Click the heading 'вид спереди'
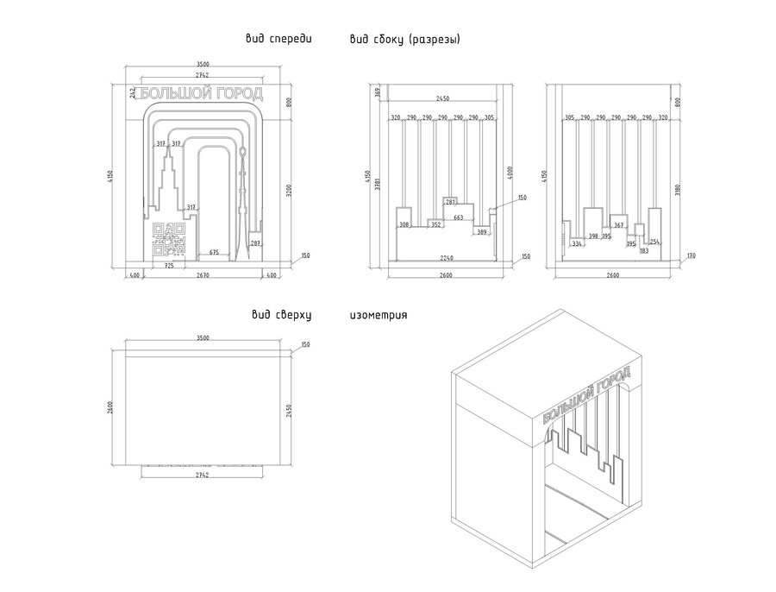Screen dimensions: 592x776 coord(278,39)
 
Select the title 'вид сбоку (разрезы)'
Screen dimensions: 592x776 coord(405,39)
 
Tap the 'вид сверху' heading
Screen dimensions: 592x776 coord(280,315)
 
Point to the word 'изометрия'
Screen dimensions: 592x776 coord(379,315)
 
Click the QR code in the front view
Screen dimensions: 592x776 coord(169,239)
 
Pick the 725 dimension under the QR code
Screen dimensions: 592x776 coord(169,266)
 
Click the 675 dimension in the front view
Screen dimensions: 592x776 coord(215,253)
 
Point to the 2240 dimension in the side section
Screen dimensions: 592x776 coord(446,258)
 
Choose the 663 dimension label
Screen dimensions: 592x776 coord(458,217)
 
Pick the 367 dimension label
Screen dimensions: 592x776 coord(618,224)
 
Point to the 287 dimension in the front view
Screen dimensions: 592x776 coord(255,243)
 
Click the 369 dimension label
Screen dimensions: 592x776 coord(378,91)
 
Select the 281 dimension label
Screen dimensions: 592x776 coord(450,202)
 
